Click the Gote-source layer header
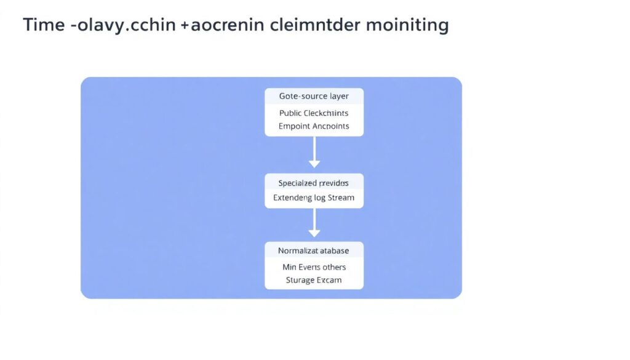coord(314,97)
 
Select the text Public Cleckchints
coord(314,113)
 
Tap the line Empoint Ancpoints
coord(314,126)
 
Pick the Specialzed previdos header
coord(314,183)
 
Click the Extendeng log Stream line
coord(314,198)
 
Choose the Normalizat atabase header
coord(314,250)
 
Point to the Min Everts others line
coord(314,267)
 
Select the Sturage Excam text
coord(314,280)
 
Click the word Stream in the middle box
coord(341,198)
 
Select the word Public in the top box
coord(291,113)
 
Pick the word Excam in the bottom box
coord(330,280)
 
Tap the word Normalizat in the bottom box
coord(297,250)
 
